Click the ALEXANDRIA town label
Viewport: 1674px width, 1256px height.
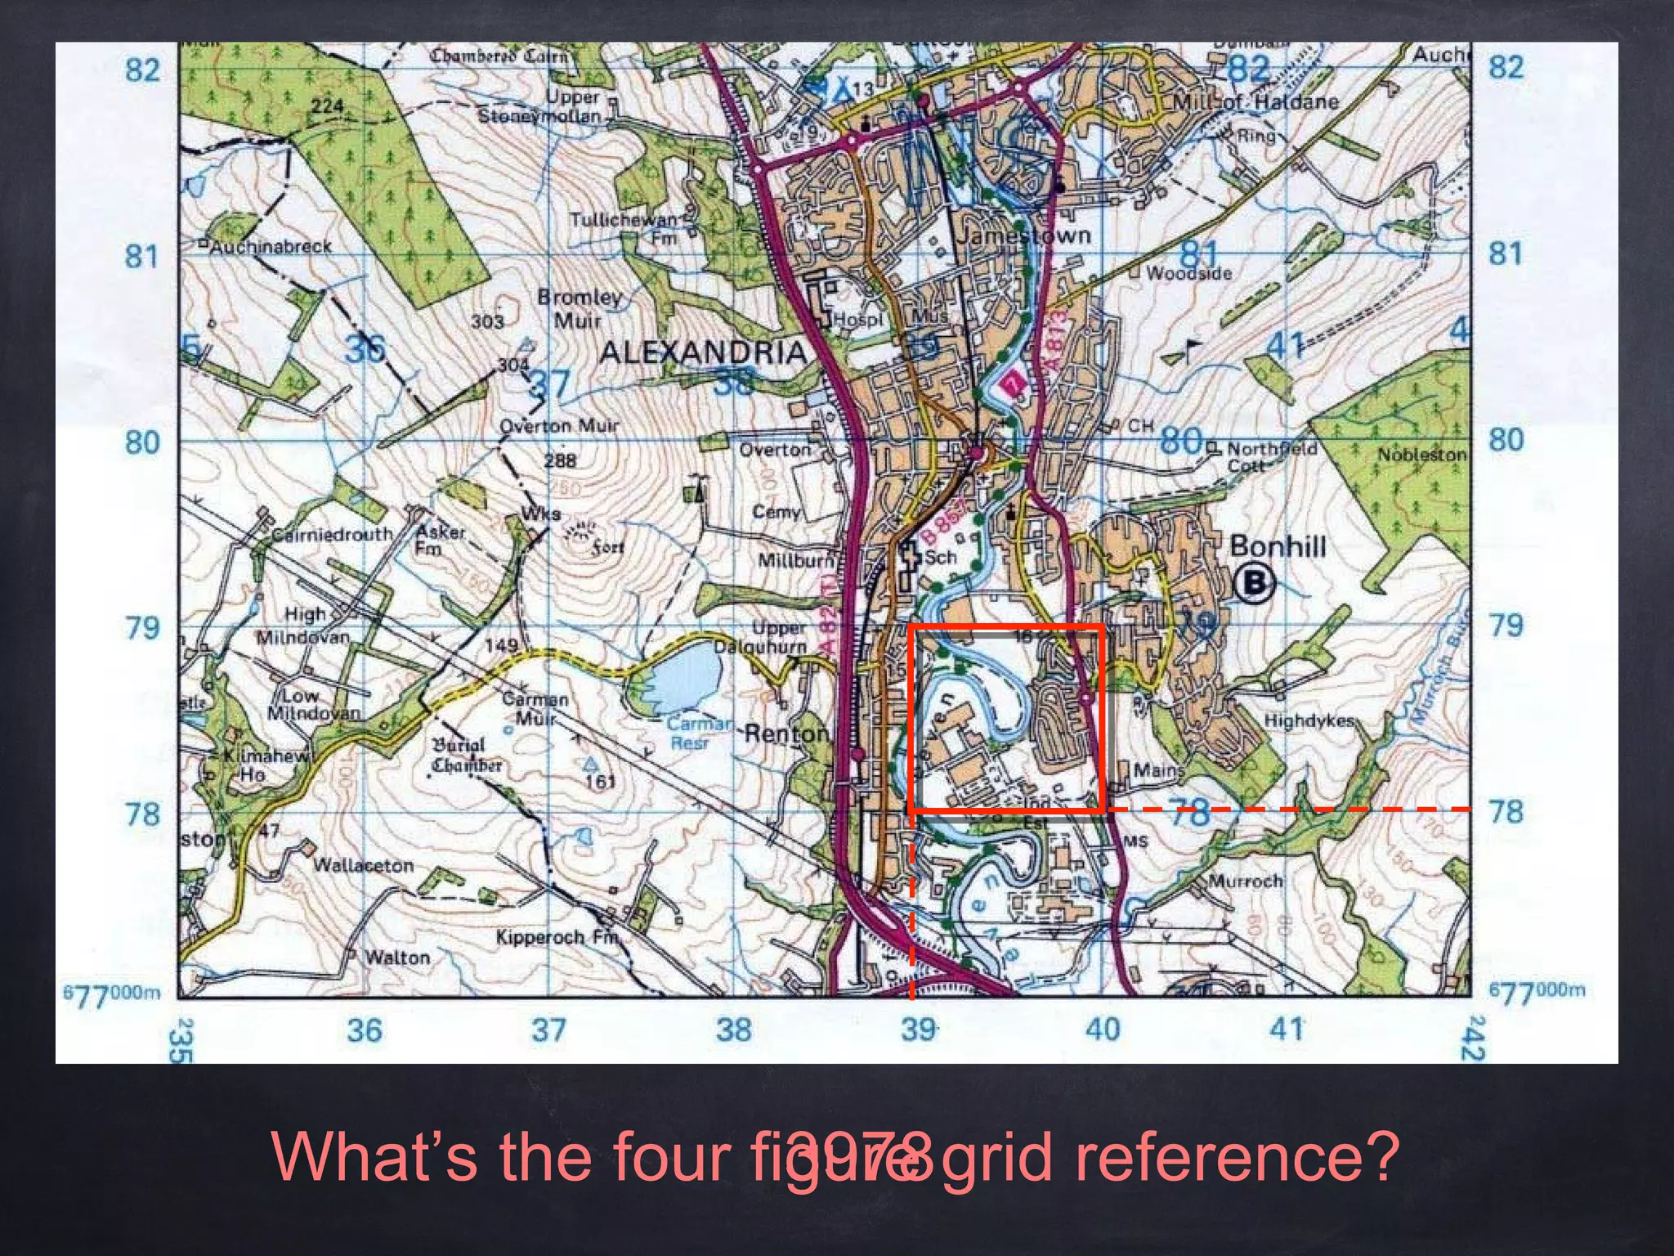pyautogui.click(x=702, y=352)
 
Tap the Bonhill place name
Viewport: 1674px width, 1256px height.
pyautogui.click(x=1277, y=546)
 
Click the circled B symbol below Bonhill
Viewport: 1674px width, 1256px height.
pyautogui.click(x=1254, y=583)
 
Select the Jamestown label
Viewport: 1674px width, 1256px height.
pyautogui.click(x=1023, y=236)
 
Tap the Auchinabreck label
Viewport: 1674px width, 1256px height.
pyautogui.click(x=271, y=246)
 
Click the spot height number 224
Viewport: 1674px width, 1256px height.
pyautogui.click(x=327, y=106)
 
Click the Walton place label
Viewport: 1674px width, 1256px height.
pyautogui.click(x=396, y=957)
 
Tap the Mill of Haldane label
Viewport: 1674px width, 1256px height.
pyautogui.click(x=1255, y=102)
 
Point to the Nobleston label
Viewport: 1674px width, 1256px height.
pyautogui.click(x=1421, y=455)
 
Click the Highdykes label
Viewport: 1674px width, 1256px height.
pyautogui.click(x=1309, y=721)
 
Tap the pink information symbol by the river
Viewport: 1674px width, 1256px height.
pyautogui.click(x=1013, y=383)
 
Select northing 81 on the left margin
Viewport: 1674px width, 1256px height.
pyautogui.click(x=141, y=257)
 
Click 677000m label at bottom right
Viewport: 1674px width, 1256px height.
pyautogui.click(x=1537, y=991)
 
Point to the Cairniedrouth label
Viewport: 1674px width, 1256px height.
pyautogui.click(x=332, y=535)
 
